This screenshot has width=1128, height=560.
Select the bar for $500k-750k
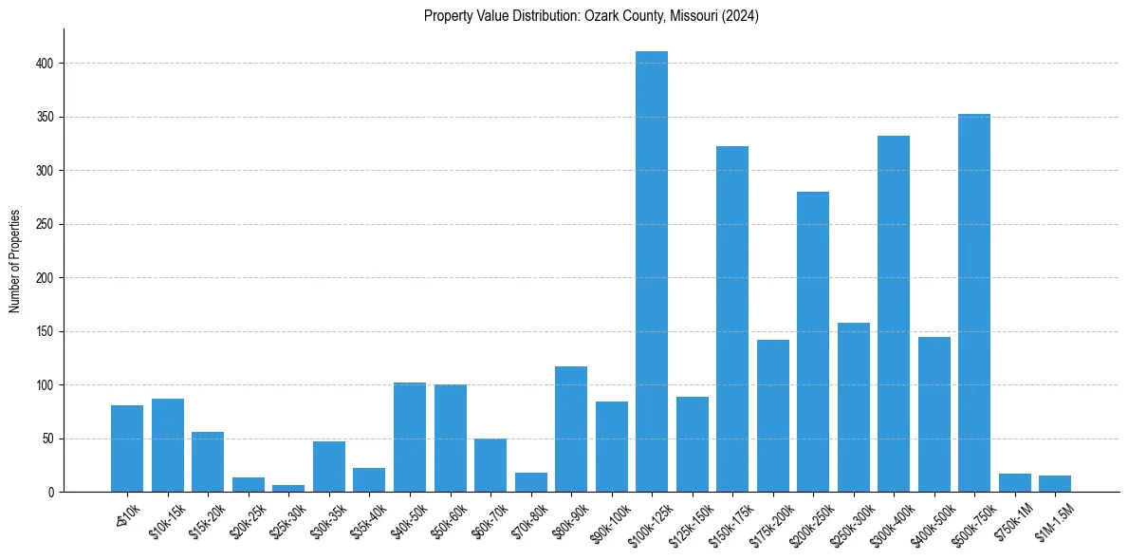974,303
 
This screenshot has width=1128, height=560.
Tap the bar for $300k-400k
894,313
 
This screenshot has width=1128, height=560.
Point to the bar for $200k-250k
813,342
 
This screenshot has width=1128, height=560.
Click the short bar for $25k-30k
288,488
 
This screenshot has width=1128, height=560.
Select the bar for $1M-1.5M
1055,484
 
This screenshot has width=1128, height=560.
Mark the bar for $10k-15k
168,445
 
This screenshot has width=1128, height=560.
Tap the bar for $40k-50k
410,437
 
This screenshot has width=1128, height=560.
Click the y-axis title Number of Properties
15,261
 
